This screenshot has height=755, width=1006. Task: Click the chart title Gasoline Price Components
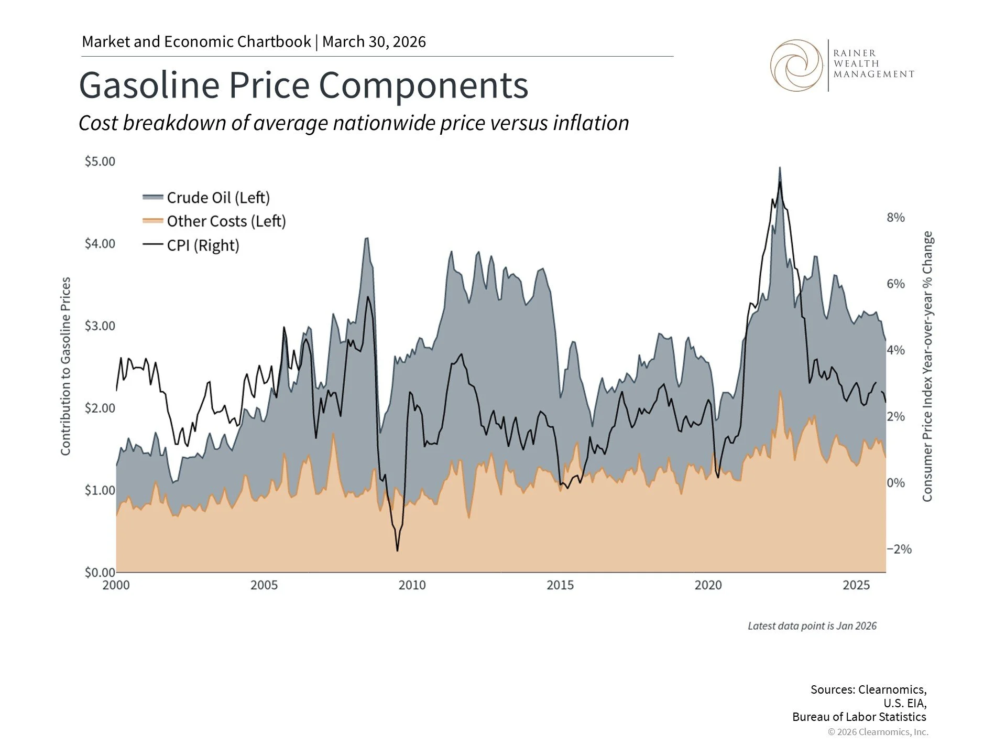303,85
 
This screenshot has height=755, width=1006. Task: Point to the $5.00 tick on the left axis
100,161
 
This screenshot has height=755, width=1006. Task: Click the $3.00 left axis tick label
100,326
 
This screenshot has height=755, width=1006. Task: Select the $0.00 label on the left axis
100,572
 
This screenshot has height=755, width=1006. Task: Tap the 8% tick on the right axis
895,218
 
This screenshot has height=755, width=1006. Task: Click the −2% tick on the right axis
899,549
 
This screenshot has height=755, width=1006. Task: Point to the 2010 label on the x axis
412,585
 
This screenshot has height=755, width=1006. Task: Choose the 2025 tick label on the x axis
856,585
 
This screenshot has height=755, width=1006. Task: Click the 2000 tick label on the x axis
116,585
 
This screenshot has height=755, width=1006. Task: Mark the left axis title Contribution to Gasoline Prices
65,366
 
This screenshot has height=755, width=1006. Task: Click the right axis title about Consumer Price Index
927,366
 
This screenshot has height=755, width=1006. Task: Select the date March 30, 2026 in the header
374,41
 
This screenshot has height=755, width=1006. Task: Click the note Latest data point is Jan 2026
812,626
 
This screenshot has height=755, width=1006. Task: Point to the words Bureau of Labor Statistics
859,717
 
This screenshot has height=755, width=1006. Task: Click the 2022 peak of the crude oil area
780,168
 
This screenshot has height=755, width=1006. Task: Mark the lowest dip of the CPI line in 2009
397,551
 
